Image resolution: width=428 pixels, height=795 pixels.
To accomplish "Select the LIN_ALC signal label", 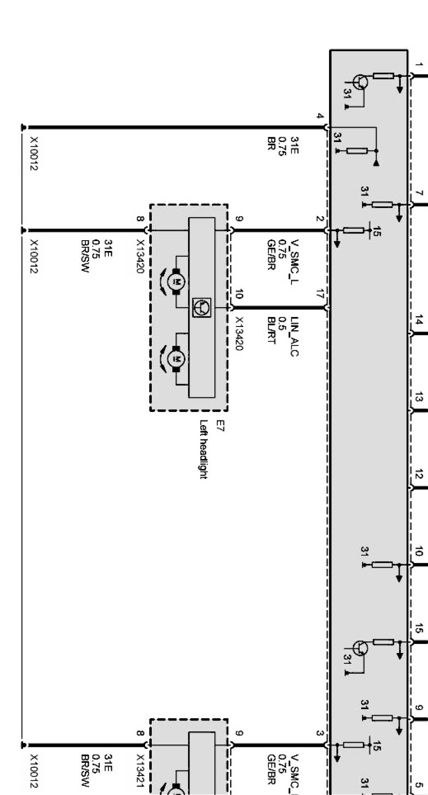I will click(x=294, y=336).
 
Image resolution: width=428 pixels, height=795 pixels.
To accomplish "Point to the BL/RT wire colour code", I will click(x=271, y=330).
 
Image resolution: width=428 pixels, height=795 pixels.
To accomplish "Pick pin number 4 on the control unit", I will click(x=320, y=116).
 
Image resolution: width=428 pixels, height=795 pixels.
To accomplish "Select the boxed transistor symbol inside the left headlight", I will click(x=202, y=307).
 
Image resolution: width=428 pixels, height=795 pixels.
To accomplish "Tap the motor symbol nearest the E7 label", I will click(x=177, y=360).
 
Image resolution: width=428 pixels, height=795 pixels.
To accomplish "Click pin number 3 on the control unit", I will click(x=320, y=734).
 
